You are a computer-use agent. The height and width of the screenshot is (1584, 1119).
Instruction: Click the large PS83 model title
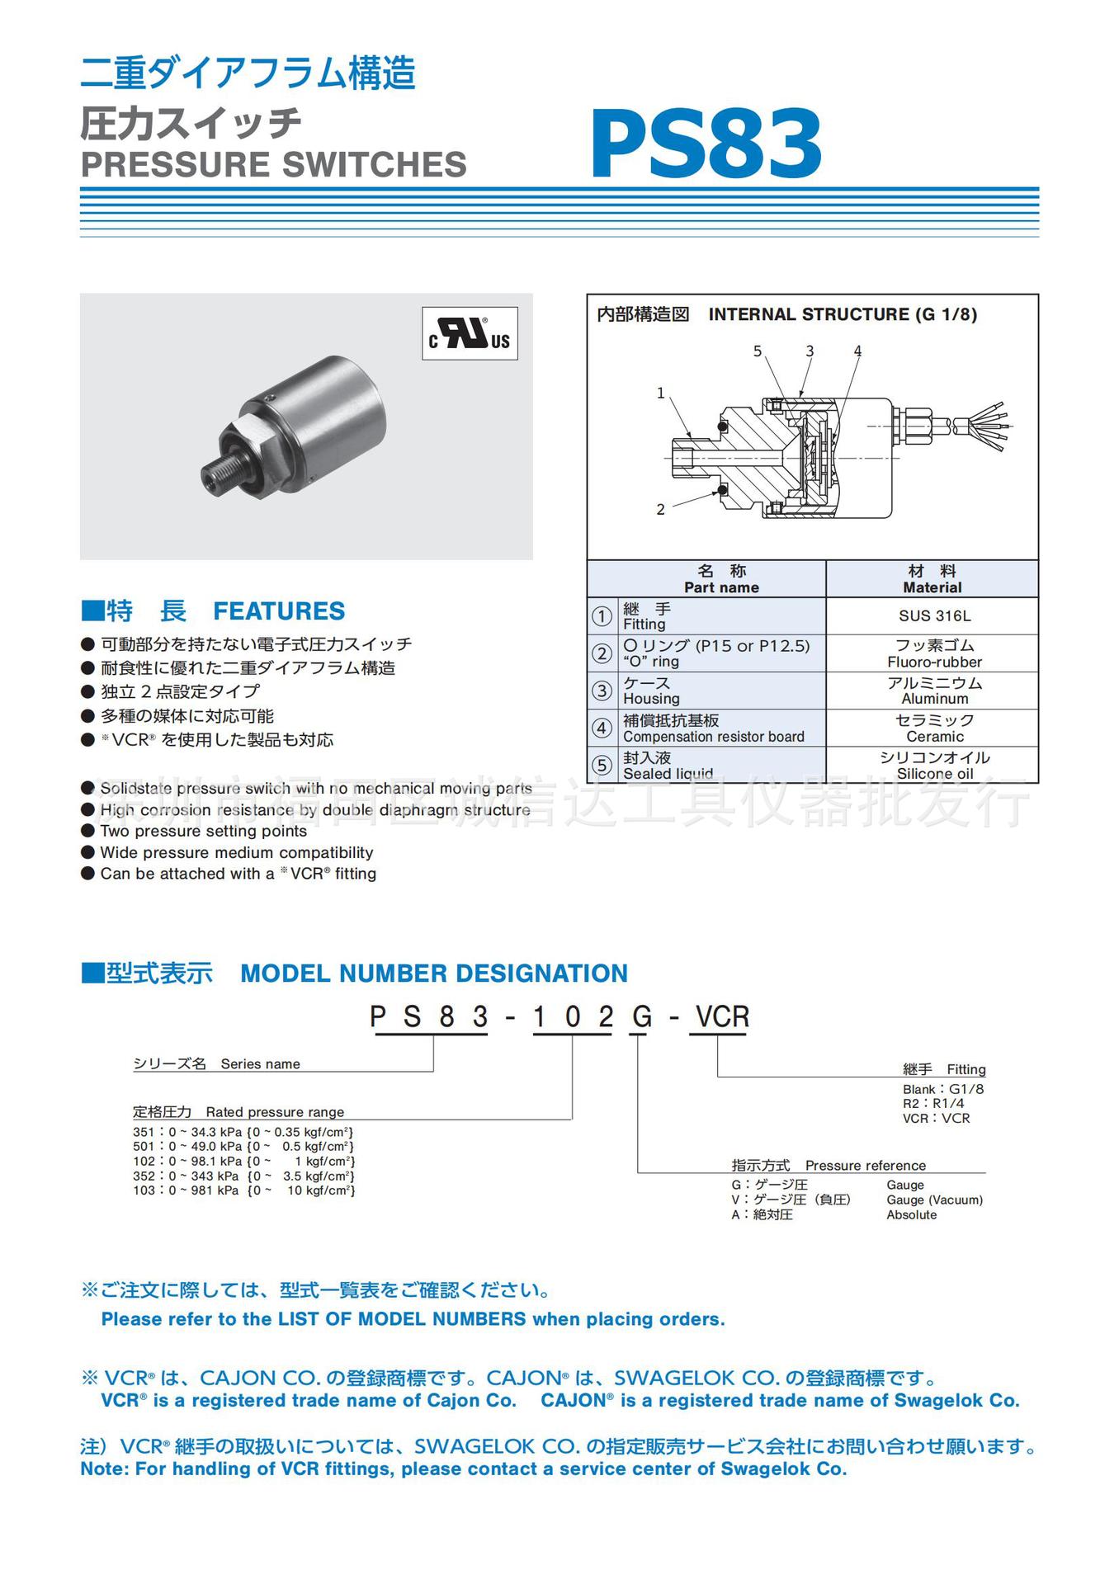click(x=706, y=145)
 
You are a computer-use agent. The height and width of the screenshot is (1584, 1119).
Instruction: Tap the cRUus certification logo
click(x=470, y=333)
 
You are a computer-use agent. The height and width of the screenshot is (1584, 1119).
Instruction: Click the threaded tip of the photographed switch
click(x=216, y=473)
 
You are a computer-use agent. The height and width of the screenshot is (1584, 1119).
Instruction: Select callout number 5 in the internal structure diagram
click(x=758, y=351)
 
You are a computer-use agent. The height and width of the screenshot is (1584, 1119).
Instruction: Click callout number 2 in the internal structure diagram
click(x=660, y=510)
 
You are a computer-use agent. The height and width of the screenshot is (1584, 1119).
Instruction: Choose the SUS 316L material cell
click(x=934, y=616)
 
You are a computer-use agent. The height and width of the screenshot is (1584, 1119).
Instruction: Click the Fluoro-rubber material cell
click(x=934, y=653)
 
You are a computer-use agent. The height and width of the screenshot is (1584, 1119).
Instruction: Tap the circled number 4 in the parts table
click(x=602, y=728)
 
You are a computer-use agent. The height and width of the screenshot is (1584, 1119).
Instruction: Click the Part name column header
click(x=720, y=579)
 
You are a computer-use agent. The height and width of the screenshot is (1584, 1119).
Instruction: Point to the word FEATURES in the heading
click(x=279, y=611)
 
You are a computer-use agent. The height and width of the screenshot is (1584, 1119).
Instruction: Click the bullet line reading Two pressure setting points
click(x=203, y=832)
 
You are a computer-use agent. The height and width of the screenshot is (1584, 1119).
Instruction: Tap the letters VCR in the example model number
click(x=723, y=1017)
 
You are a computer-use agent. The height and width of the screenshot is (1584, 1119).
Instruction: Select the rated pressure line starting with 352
click(x=243, y=1176)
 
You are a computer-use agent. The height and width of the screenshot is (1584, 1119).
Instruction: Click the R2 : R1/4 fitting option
click(x=933, y=1104)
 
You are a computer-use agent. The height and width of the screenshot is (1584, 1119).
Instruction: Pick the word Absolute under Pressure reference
click(x=911, y=1215)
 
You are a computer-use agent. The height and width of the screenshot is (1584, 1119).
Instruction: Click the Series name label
click(x=260, y=1064)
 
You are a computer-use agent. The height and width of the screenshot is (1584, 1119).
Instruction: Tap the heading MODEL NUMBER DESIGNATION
click(x=434, y=973)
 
